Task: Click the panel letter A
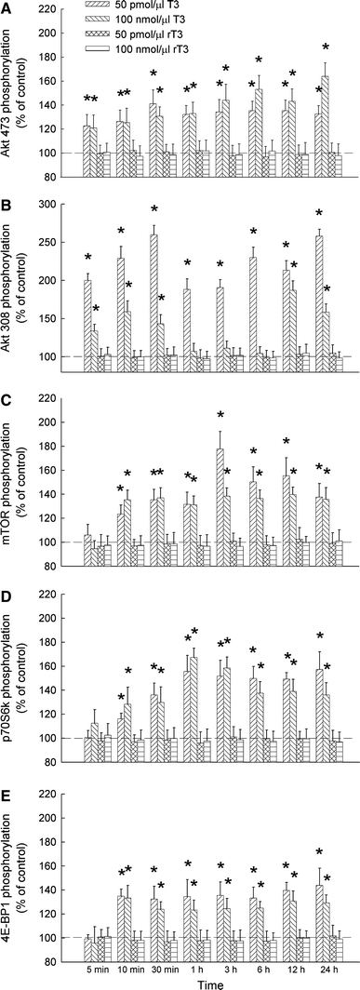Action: point(7,8)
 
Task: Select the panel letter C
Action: point(7,399)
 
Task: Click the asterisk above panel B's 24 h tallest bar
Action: point(318,215)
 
